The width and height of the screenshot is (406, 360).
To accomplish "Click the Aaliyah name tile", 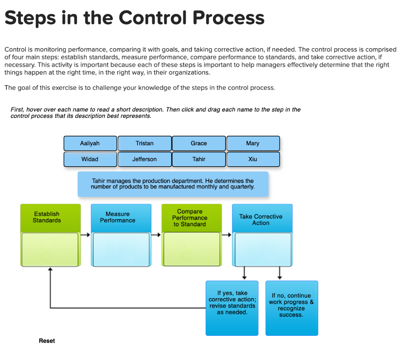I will pyautogui.click(x=90, y=143).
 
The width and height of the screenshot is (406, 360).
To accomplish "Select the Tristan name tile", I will pyautogui.click(x=145, y=143).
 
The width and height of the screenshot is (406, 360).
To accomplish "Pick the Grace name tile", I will pyautogui.click(x=199, y=143).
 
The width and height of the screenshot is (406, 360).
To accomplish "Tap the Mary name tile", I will pyautogui.click(x=253, y=143).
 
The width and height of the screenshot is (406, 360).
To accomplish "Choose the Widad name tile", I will pyautogui.click(x=90, y=159).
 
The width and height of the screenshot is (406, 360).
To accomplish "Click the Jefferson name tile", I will pyautogui.click(x=145, y=159).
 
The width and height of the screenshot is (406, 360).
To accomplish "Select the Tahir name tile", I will pyautogui.click(x=199, y=159).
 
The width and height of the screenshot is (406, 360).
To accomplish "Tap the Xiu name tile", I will pyautogui.click(x=253, y=159).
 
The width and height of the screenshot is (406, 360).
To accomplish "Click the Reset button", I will pyautogui.click(x=47, y=341).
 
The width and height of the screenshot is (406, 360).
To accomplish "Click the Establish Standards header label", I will pyautogui.click(x=47, y=217).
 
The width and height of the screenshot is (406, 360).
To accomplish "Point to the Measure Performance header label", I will pyautogui.click(x=117, y=217).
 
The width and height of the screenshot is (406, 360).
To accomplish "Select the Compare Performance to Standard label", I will pyautogui.click(x=190, y=218).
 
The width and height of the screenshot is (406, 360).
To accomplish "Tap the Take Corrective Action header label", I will pyautogui.click(x=260, y=219).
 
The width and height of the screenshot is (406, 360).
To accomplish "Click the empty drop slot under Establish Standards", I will pyautogui.click(x=50, y=249).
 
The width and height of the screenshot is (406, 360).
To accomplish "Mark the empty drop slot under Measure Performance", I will pyautogui.click(x=121, y=249).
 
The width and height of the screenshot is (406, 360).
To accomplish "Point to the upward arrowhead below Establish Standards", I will pyautogui.click(x=50, y=270).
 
